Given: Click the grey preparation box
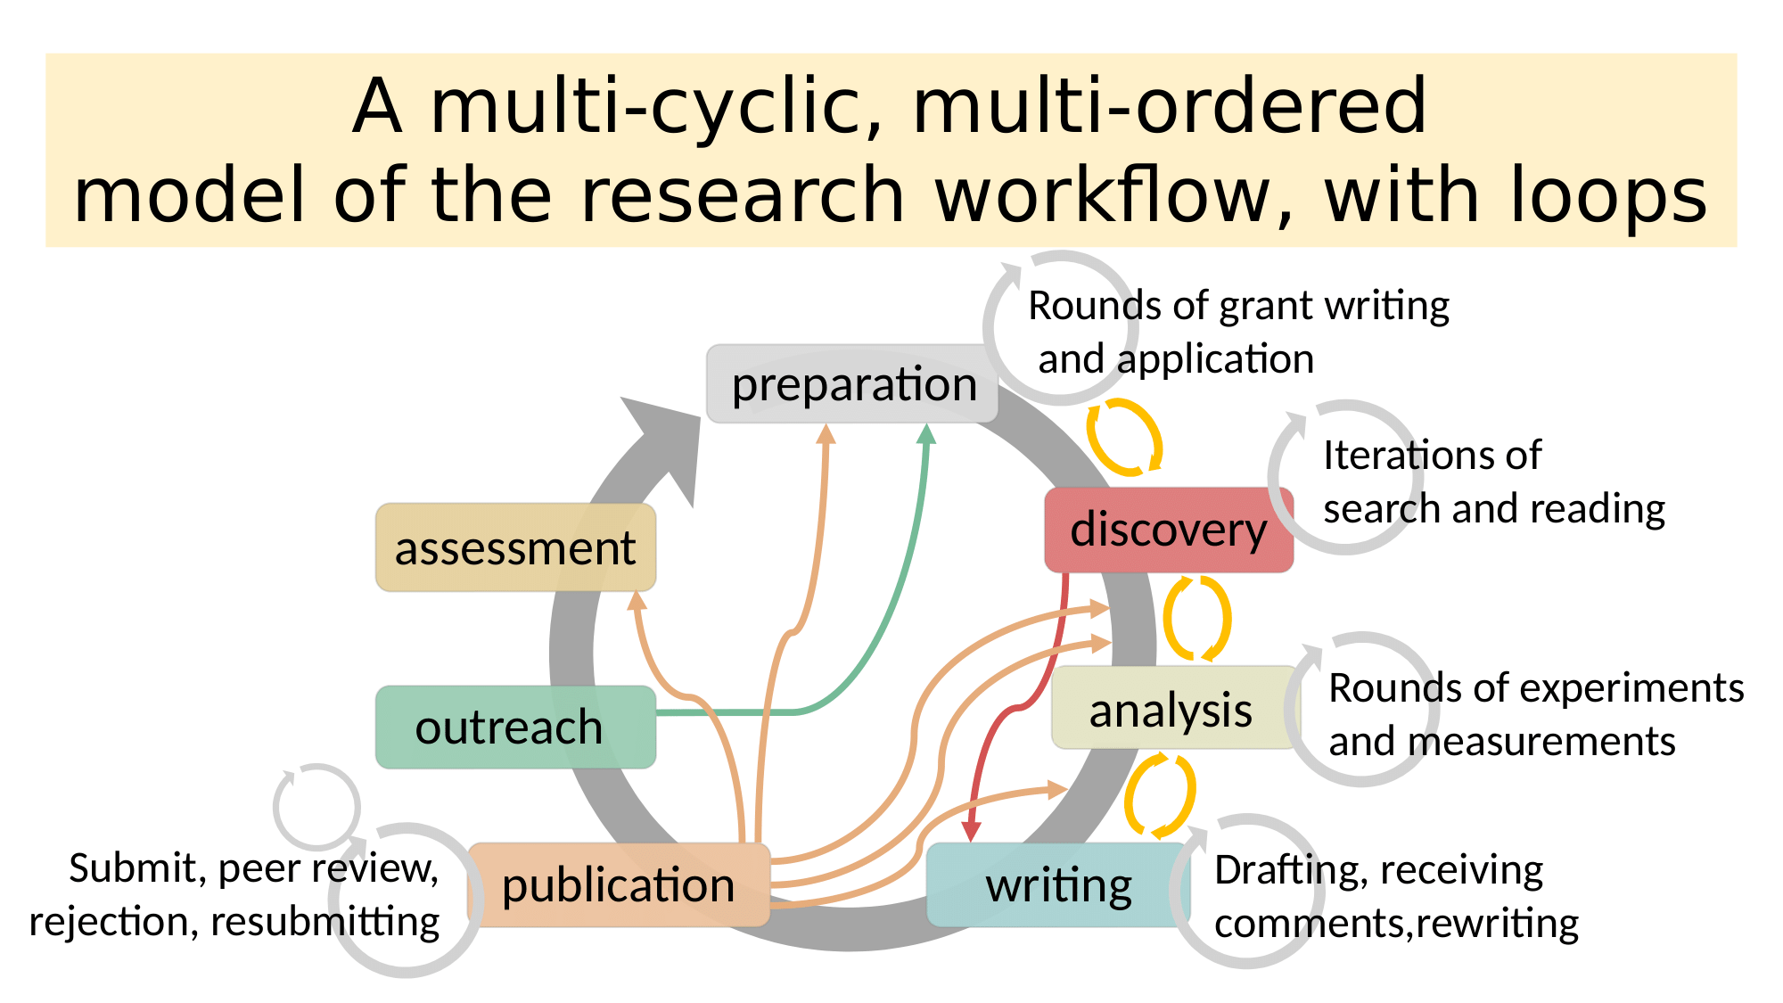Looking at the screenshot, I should tap(851, 384).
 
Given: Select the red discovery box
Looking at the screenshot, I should tap(1168, 530).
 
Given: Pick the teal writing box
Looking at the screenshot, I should tap(1057, 885).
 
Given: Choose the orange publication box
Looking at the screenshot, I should tap(618, 885).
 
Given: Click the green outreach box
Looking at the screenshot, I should tap(515, 727).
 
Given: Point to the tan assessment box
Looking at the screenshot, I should tap(515, 547).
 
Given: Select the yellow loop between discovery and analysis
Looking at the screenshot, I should tap(1196, 618).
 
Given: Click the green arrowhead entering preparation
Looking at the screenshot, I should tap(927, 434).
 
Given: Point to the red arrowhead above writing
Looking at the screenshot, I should tap(972, 832).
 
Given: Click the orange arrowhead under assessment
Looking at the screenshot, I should tap(637, 601).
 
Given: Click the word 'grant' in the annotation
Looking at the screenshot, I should tap(1266, 307).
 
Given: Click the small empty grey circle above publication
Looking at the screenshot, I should tap(316, 806).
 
